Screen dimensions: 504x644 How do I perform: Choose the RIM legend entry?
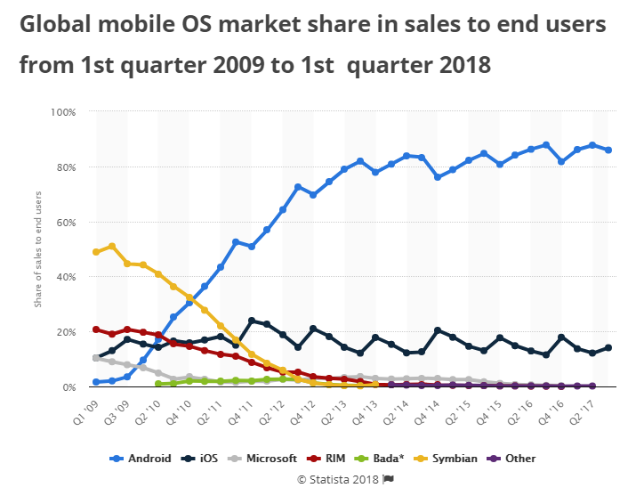click(334, 459)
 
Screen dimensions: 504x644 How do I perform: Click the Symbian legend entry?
click(453, 459)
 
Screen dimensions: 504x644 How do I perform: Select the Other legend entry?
click(520, 459)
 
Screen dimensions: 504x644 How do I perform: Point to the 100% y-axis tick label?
click(64, 112)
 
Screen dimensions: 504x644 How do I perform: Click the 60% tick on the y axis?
click(67, 222)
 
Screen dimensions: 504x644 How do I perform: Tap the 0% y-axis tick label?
click(69, 387)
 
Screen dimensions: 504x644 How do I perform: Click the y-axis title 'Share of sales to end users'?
click(38, 249)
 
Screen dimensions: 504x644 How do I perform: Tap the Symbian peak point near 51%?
click(111, 247)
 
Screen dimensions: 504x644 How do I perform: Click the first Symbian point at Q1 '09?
click(96, 252)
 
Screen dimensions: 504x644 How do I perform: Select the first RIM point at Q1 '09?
click(96, 329)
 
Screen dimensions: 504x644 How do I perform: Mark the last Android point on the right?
click(608, 150)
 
